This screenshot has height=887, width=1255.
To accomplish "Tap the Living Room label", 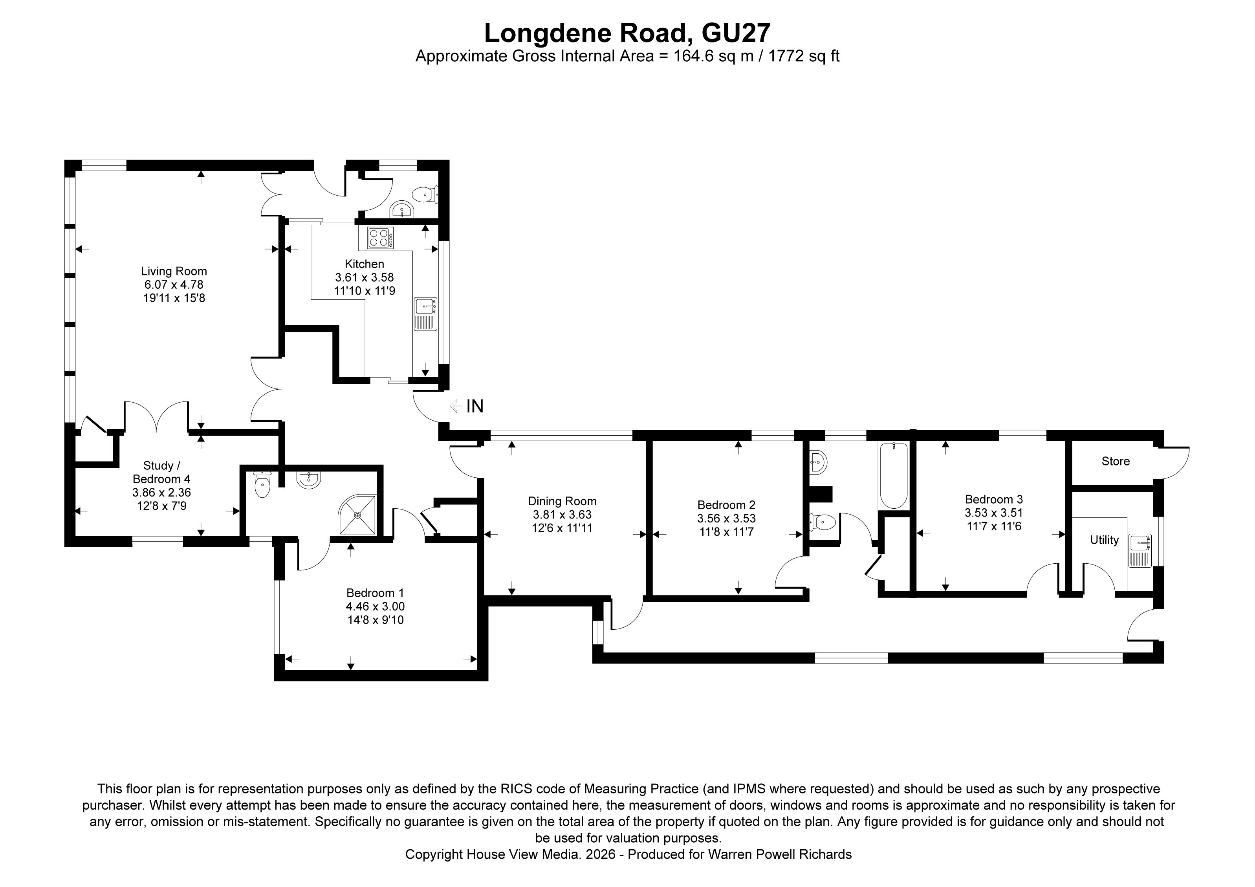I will coord(174,271).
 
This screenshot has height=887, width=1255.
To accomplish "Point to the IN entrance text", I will coord(475,406).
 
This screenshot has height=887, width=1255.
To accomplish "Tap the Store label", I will coord(1115,461).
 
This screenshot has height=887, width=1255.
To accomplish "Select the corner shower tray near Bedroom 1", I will coord(358,515).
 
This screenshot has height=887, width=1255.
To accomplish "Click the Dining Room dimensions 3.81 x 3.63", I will coord(562,514).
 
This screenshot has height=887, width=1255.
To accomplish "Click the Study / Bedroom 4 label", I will coord(161,472).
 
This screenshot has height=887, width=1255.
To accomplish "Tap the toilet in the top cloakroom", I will coord(425,194).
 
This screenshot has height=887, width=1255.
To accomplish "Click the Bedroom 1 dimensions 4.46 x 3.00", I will coord(375,606).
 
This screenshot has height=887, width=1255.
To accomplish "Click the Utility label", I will coord(1104,540).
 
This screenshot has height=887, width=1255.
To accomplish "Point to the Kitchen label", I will coord(364,264).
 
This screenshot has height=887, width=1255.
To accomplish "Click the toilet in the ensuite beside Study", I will coord(262,485).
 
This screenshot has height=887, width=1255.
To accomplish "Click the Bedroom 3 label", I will coord(993,499).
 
